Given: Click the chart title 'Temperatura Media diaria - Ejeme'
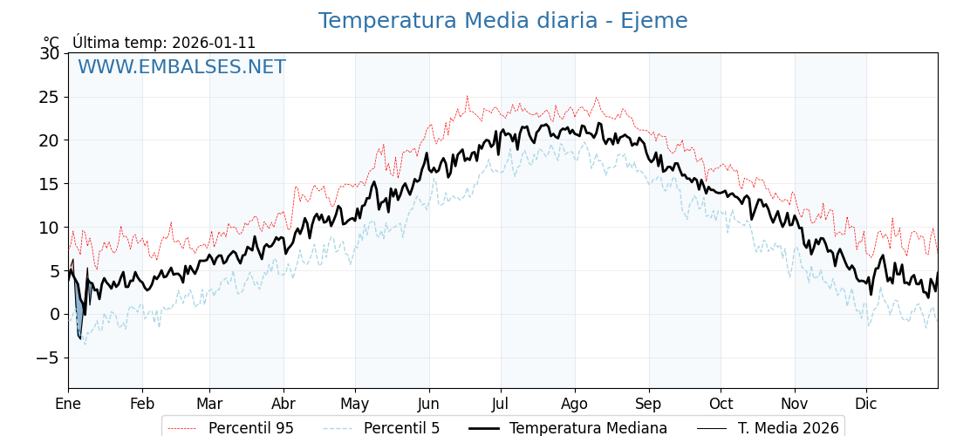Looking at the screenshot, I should point(502,21).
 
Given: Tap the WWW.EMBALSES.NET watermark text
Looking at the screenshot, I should point(181,67).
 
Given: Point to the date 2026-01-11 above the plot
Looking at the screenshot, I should point(214,43).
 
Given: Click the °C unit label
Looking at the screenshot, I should point(51,43).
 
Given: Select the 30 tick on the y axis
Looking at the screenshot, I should point(50,53).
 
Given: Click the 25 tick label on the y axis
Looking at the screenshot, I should point(50,97).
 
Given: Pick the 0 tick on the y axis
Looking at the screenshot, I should point(55,315).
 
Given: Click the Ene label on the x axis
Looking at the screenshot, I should point(68,404).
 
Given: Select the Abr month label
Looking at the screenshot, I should point(284,404).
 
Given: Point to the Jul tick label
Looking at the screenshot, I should point(501,404).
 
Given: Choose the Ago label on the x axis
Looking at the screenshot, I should point(575,404).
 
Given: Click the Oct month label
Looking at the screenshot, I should point(721,404).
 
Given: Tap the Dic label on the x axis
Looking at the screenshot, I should point(866,404).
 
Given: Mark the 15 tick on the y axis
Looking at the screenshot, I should point(50,184).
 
